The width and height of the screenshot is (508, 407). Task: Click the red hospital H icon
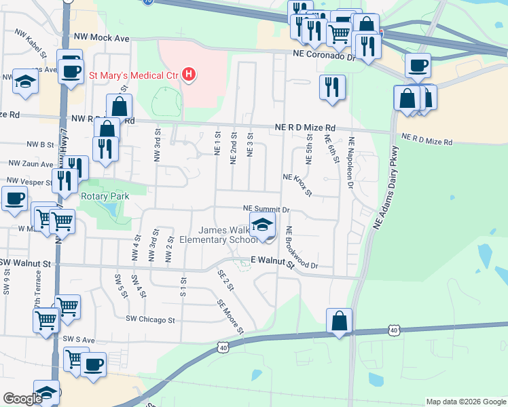pos(189,75)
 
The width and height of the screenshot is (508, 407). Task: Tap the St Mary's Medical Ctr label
pos(134,75)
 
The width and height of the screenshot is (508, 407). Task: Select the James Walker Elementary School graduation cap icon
pos(262,225)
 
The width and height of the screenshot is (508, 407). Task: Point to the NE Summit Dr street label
pos(267,210)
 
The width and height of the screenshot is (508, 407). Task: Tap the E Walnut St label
pos(272,260)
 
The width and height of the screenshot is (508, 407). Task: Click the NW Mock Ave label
pos(101,39)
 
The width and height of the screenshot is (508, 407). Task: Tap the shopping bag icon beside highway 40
pos(339,322)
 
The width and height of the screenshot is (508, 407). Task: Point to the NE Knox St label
pos(297,185)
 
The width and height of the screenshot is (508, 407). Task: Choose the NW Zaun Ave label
pos(30,164)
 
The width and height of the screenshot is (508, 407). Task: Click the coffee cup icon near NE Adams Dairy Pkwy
pos(418,66)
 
